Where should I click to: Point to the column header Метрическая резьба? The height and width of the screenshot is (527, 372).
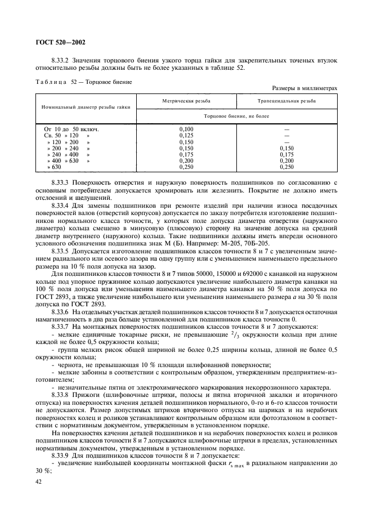(185, 101)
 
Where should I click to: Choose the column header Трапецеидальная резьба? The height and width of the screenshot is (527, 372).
(286, 101)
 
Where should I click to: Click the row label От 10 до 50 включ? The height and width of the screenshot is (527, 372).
(68, 129)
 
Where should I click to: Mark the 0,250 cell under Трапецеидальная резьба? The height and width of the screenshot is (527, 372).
(286, 167)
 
